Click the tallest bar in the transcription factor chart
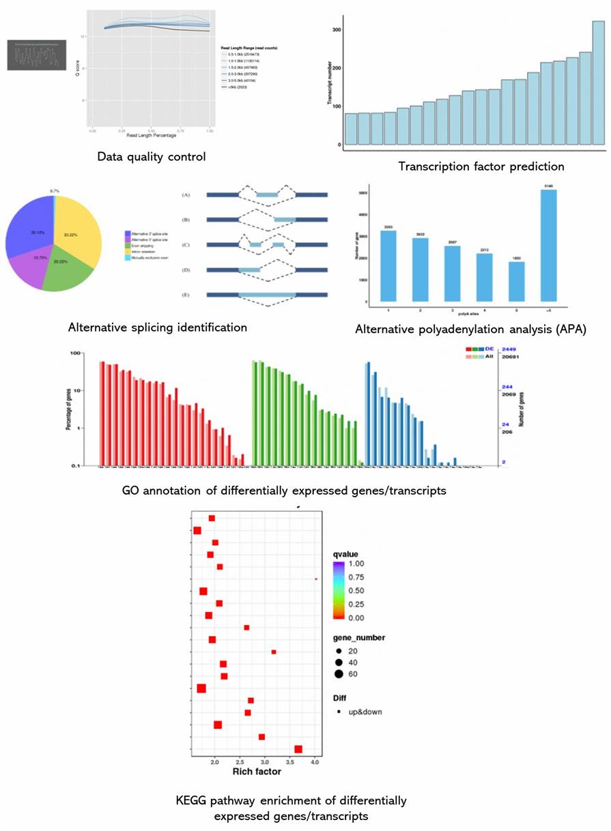point(598,83)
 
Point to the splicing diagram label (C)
point(186,244)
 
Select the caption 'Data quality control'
point(151,157)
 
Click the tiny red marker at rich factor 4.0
point(316,579)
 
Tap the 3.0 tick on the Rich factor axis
point(265,761)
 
